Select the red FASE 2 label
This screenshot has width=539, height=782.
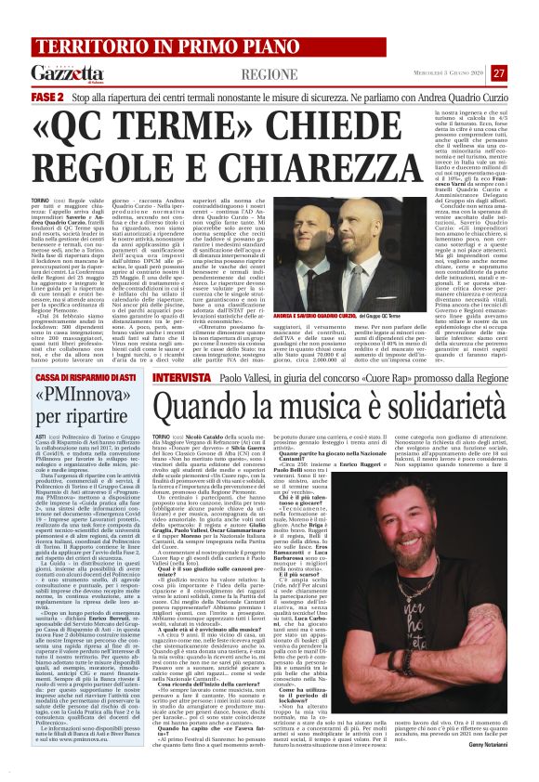[46, 97]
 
